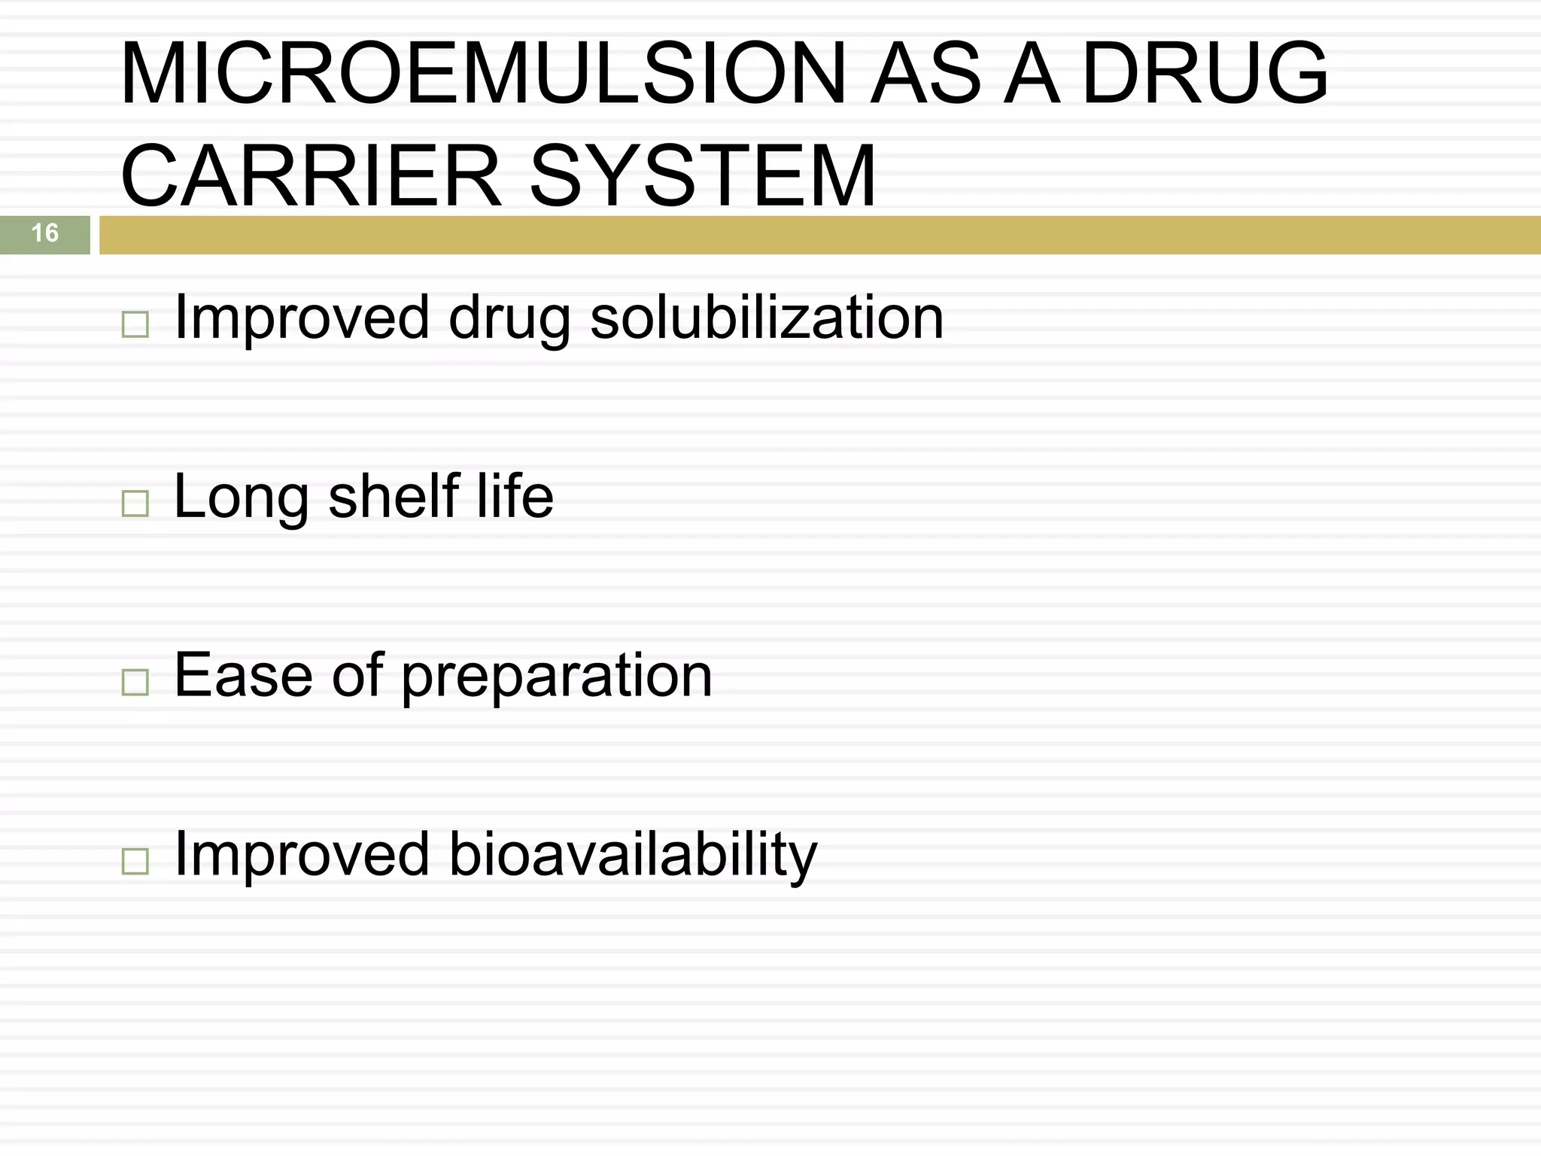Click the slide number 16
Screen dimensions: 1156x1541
pyautogui.click(x=45, y=233)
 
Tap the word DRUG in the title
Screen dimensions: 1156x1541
pyautogui.click(x=1205, y=74)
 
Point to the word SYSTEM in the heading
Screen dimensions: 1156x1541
pyautogui.click(x=703, y=176)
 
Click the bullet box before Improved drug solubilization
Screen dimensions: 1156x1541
pyautogui.click(x=135, y=325)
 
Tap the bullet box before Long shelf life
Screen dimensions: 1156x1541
pyautogui.click(x=135, y=503)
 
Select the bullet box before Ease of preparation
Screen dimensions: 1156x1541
pyautogui.click(x=135, y=682)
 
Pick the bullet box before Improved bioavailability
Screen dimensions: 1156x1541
pyautogui.click(x=135, y=860)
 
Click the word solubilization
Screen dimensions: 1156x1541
pyautogui.click(x=767, y=318)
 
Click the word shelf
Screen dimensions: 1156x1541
pyautogui.click(x=394, y=497)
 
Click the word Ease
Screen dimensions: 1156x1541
pyautogui.click(x=243, y=676)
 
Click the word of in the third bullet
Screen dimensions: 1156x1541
pyautogui.click(x=357, y=674)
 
